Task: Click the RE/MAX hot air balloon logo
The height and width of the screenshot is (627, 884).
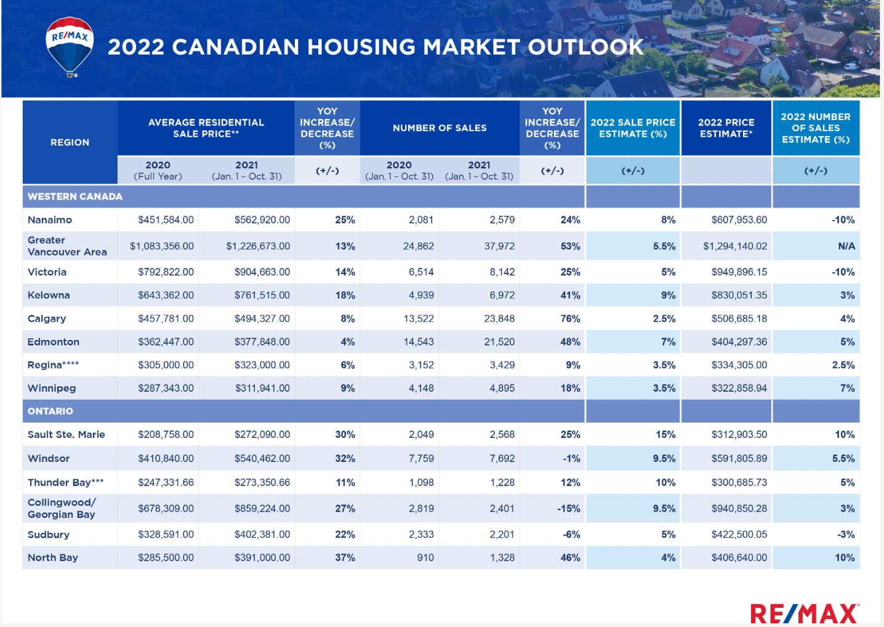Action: [x=70, y=46]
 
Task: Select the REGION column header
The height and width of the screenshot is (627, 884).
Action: [x=70, y=142]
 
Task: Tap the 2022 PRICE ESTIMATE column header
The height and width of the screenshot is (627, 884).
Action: [x=726, y=128]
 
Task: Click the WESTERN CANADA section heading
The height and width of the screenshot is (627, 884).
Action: [x=75, y=196]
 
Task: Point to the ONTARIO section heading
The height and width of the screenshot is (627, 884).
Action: [x=50, y=411]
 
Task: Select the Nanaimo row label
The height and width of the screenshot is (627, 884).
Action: [x=50, y=220]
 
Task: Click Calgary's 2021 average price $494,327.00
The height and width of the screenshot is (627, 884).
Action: [x=262, y=318]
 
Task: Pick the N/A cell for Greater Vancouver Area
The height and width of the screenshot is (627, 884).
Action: [x=846, y=246]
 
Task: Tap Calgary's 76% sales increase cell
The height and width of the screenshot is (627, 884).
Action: [x=570, y=318]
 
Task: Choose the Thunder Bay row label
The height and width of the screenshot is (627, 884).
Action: [x=65, y=482]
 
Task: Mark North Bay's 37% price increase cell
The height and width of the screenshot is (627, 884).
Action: [x=345, y=557]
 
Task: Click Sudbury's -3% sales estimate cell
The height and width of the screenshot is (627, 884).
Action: [x=846, y=535]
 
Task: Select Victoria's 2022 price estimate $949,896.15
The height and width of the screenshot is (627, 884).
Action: [x=739, y=272]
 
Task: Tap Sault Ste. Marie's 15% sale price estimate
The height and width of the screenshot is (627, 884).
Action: [x=665, y=434]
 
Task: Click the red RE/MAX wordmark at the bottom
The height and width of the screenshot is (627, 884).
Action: [x=804, y=613]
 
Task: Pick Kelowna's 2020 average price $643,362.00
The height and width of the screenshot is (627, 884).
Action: [x=166, y=295]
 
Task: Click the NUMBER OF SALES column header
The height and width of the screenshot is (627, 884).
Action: [x=440, y=128]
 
